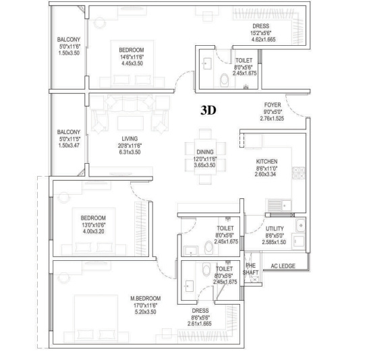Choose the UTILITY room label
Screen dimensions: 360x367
[275, 229]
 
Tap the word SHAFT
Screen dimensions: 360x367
[250, 272]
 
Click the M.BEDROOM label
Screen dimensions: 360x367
[145, 297]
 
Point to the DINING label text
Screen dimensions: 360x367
[205, 152]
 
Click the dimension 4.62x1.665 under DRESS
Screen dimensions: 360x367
[261, 40]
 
